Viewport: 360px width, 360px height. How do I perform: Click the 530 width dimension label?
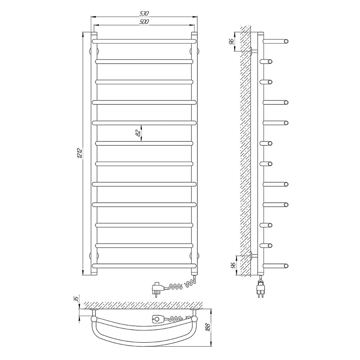144,14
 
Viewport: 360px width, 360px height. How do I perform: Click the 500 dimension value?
144,22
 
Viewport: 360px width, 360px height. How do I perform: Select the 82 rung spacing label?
138,133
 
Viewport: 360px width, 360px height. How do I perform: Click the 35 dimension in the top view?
77,298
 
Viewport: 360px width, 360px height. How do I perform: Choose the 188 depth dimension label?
208,327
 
